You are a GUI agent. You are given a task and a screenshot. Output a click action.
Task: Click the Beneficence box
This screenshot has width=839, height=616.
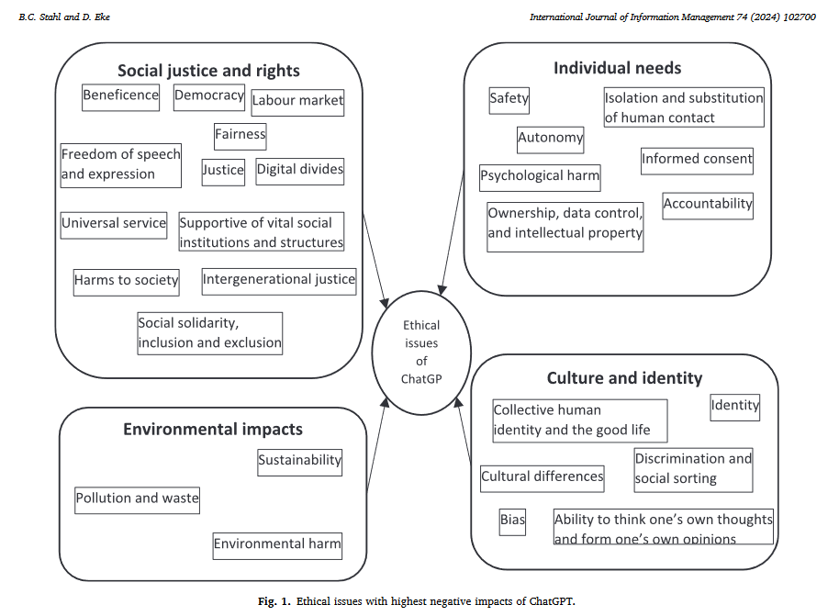(120, 97)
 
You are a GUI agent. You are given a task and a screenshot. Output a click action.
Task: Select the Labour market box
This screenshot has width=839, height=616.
(297, 102)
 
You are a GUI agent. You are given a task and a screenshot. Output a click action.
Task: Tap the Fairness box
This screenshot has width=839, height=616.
(241, 136)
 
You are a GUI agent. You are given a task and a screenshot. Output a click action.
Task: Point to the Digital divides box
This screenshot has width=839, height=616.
(299, 172)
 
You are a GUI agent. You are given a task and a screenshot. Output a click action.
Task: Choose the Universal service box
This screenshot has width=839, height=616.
(114, 225)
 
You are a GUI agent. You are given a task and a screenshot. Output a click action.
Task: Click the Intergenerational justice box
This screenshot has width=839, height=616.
(279, 282)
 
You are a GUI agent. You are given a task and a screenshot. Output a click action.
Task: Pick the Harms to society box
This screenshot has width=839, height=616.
(127, 283)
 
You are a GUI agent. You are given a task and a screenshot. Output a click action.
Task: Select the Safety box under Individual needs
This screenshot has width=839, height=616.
(509, 101)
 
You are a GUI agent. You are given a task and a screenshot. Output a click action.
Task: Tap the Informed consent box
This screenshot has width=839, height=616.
(697, 161)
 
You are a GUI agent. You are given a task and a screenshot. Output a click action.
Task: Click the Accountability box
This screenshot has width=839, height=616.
(708, 206)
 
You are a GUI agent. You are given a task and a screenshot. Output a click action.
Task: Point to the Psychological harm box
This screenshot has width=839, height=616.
(540, 178)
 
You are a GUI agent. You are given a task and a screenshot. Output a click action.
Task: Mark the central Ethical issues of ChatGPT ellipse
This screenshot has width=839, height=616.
(421, 353)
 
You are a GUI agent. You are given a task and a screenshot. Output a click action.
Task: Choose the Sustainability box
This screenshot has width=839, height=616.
(299, 463)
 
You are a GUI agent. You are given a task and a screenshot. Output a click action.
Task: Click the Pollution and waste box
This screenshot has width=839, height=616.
(137, 500)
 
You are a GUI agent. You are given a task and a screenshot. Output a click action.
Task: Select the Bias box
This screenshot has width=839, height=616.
(512, 521)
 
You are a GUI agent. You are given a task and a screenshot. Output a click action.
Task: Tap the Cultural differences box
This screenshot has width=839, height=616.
(542, 479)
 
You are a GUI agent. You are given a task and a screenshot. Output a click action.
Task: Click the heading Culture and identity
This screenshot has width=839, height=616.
(624, 378)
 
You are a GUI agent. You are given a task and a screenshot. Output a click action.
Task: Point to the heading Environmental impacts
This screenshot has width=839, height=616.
(213, 430)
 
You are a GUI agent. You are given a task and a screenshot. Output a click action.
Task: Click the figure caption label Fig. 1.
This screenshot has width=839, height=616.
(274, 601)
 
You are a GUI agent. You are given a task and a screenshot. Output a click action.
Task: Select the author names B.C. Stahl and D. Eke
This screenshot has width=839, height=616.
(64, 17)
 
